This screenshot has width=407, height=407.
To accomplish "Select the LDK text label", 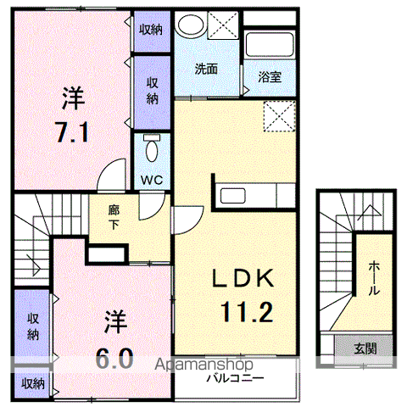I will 241,280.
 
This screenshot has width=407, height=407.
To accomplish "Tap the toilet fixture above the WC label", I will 152,149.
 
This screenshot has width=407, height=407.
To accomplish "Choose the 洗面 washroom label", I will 205,69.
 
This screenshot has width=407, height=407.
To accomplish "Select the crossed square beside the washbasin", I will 223,25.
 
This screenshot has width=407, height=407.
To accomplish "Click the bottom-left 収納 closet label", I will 33,383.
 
